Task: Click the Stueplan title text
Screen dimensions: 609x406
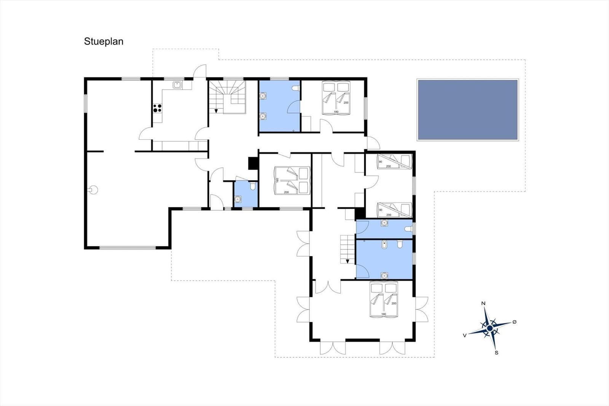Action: (104, 42)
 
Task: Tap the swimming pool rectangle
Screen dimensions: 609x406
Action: (468, 110)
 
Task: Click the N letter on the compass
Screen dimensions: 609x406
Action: (483, 304)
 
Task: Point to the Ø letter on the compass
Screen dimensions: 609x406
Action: (514, 322)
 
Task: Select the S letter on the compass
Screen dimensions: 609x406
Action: (496, 353)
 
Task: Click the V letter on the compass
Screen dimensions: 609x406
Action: (465, 336)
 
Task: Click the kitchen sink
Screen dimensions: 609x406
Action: (177, 85)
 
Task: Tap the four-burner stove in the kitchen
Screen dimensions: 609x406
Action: (157, 108)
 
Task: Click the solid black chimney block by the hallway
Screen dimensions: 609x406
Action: (253, 163)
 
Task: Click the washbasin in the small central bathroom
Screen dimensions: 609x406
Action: (238, 200)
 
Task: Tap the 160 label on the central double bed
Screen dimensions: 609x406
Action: (277, 181)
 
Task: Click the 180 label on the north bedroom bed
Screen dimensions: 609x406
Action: (336, 112)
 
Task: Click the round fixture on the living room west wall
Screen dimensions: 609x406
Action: (94, 190)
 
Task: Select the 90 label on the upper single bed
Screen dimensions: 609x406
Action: (380, 161)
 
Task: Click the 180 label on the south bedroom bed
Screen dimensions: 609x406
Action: (384, 314)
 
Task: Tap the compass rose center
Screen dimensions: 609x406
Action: (489, 328)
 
